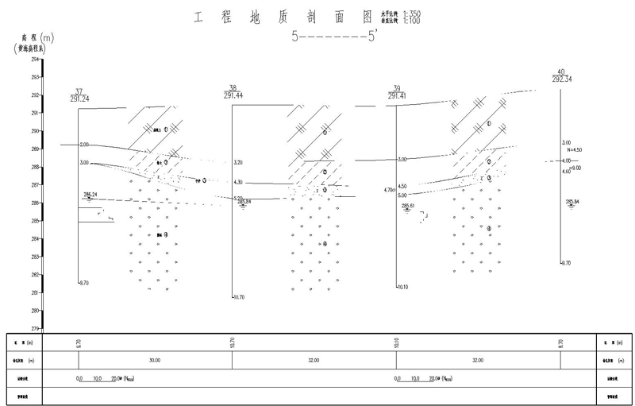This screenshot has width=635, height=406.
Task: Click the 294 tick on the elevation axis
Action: tap(36, 59)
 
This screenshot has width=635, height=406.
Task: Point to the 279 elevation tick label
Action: tap(36, 328)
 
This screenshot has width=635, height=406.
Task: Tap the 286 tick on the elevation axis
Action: tap(36, 203)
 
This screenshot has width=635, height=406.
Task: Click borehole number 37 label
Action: tap(78, 91)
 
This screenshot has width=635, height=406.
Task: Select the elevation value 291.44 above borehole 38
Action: tap(233, 95)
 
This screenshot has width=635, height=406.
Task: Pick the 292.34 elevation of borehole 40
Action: tap(562, 78)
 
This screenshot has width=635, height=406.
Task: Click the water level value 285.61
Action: tap(409, 207)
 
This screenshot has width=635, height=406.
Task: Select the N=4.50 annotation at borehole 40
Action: tap(572, 149)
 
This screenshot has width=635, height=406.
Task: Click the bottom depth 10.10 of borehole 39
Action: tap(402, 288)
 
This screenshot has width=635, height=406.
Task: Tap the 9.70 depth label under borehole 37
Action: tap(84, 282)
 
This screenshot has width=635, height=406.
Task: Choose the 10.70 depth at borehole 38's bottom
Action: tap(239, 297)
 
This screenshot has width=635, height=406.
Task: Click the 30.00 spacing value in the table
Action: tap(153, 360)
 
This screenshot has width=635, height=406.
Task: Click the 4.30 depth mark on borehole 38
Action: tap(238, 182)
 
